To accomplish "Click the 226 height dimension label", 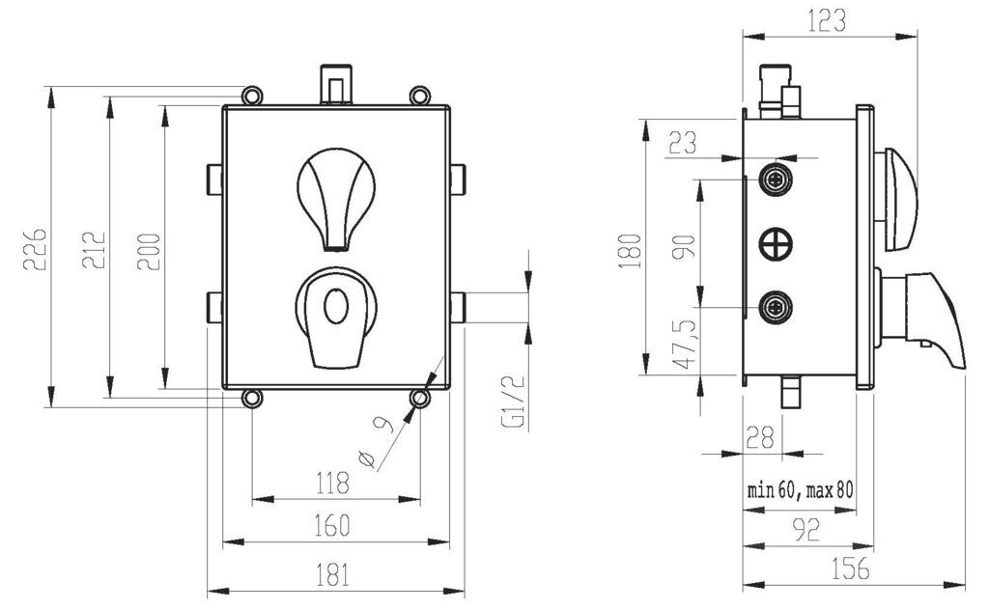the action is click(x=35, y=250).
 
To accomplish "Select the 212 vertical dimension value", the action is click(x=94, y=250).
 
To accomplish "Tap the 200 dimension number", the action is click(x=149, y=252).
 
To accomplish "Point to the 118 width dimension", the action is click(x=332, y=484).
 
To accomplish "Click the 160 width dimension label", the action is click(x=332, y=526).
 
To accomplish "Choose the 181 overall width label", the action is click(x=332, y=574).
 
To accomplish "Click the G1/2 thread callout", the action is click(x=514, y=403).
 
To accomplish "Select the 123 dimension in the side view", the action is click(x=827, y=21).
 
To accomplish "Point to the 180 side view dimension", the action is click(x=631, y=251).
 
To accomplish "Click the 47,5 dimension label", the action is click(x=685, y=344).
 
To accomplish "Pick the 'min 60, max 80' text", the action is click(x=801, y=489).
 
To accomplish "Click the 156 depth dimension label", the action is click(x=850, y=568).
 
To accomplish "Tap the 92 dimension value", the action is click(x=806, y=529).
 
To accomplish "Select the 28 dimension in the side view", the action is click(x=759, y=436).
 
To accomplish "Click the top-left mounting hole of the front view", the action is click(x=252, y=96).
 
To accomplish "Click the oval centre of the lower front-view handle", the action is click(x=335, y=306).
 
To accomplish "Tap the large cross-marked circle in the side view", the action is click(x=776, y=244).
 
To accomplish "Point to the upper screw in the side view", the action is click(x=776, y=180).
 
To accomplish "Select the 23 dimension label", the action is click(x=683, y=143).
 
